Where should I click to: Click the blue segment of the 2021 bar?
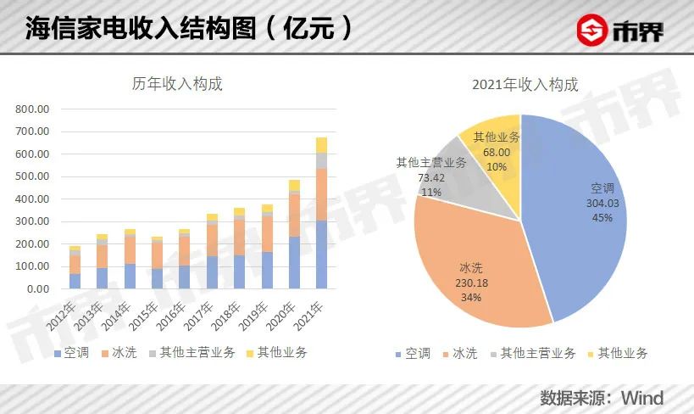[x=321, y=255]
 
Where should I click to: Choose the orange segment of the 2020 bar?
[x=294, y=215]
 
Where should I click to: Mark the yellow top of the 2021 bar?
[x=321, y=144]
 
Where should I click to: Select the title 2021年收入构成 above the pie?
[x=525, y=84]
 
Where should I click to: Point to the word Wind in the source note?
[x=642, y=397]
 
